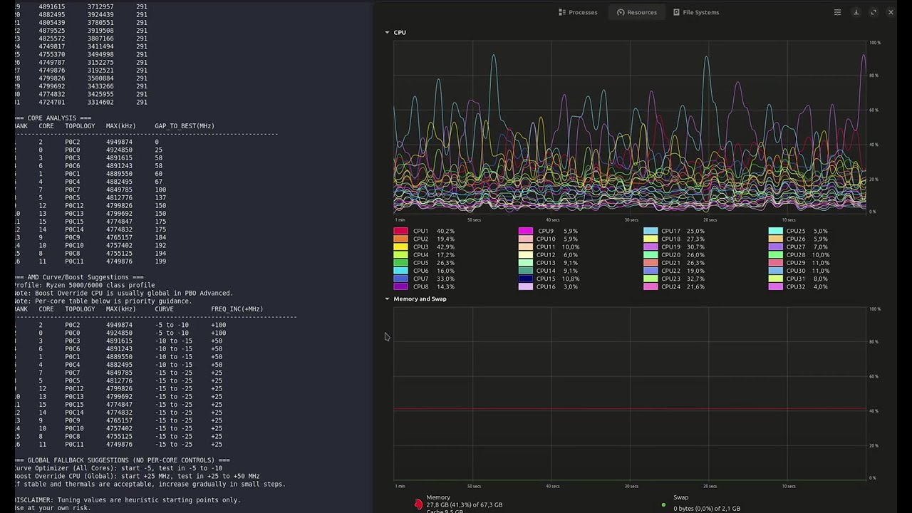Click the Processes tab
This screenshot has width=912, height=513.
coord(578,12)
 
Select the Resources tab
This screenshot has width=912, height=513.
coord(637,12)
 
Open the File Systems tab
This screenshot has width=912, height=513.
coord(696,12)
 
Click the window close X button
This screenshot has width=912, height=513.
coord(891,12)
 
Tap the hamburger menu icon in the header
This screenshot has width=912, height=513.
coord(837,12)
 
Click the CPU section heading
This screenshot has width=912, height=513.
coord(400,33)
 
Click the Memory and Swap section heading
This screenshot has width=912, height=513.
coord(420,299)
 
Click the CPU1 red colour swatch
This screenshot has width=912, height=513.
coord(400,231)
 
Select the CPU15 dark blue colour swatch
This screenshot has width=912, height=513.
coord(525,279)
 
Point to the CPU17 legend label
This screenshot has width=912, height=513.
coord(670,231)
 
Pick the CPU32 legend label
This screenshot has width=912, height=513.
coord(796,286)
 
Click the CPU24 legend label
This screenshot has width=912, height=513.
coord(670,286)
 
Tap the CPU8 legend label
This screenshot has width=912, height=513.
coord(420,286)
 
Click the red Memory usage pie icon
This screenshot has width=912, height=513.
coord(418,504)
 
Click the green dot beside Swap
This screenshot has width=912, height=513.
coord(663,505)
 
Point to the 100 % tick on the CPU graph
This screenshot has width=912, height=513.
coord(875,43)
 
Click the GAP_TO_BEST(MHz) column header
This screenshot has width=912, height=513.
coord(185,126)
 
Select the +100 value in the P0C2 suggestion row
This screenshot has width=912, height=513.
coord(218,325)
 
